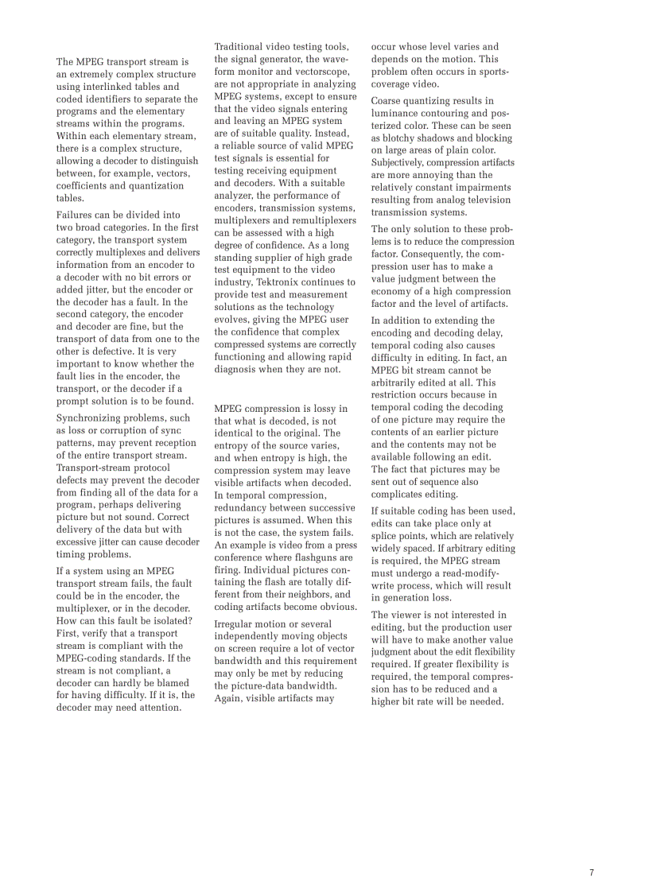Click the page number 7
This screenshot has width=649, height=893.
click(592, 872)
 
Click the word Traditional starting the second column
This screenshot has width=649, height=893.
click(240, 47)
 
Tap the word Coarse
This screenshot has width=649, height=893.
click(387, 101)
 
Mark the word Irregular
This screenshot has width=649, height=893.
click(236, 624)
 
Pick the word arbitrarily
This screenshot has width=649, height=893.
click(400, 382)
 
